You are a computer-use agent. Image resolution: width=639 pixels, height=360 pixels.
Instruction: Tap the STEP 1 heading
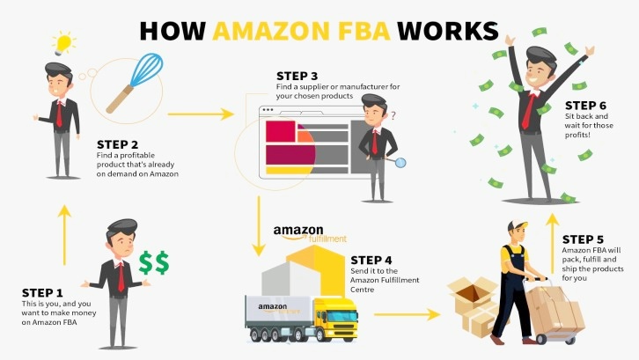[x=43, y=292]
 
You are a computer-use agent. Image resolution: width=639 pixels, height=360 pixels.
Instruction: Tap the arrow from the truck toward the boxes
[x=406, y=313]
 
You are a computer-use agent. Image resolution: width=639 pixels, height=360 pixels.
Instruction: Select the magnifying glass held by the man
[x=401, y=161]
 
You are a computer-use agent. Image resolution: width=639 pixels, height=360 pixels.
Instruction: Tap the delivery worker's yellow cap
[x=517, y=227]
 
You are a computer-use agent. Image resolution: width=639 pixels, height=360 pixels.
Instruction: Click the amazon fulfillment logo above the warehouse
[x=308, y=233]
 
